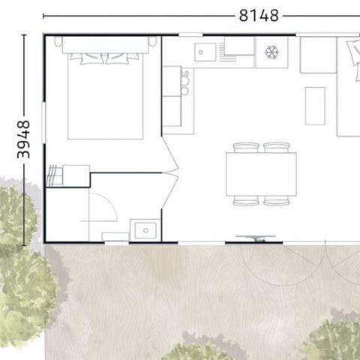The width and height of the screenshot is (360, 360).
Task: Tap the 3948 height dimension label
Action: click(x=23, y=139)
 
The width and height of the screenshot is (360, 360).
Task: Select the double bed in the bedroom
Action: click(x=105, y=94)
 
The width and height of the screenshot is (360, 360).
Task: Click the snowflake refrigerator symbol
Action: click(x=271, y=52)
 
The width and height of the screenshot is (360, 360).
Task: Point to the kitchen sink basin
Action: click(x=205, y=52)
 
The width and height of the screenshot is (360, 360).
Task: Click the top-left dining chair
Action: click(x=246, y=148)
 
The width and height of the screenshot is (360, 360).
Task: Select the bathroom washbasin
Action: click(x=144, y=229)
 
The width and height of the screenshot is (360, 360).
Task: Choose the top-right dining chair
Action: click(x=276, y=148)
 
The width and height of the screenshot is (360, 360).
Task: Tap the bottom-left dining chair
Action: click(x=246, y=201)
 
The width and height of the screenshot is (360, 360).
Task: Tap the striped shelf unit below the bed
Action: click(x=54, y=176)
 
